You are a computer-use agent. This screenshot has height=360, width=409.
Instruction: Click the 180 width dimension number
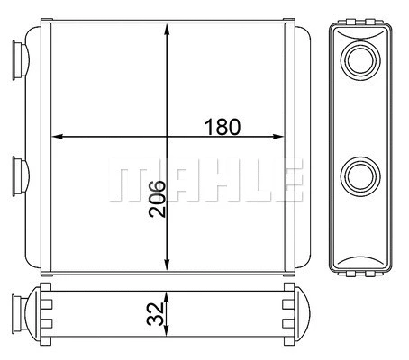pos(222,127)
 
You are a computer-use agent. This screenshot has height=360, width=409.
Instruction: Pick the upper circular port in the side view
pos(360,61)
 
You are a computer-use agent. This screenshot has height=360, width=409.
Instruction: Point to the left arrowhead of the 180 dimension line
pos(59,138)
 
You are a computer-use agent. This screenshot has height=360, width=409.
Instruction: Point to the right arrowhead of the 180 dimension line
pos(278,138)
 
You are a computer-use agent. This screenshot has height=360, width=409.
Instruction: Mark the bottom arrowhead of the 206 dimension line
pos(168,264)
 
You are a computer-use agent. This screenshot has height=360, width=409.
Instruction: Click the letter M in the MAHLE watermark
pos(130,183)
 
